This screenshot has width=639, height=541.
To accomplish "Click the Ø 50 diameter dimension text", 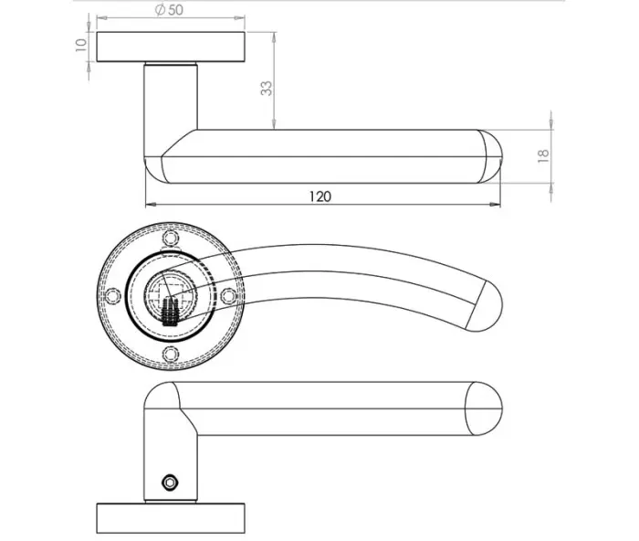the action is click(170, 10).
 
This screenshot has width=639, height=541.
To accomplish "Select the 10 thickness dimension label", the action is click(81, 45).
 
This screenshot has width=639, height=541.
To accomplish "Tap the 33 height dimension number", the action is click(267, 88).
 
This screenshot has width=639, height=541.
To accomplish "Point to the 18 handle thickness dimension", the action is click(543, 156).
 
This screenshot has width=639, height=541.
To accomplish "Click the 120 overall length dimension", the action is click(320, 196).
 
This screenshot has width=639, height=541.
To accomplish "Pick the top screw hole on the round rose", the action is click(171, 239).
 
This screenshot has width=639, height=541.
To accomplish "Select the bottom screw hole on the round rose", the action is click(171, 354).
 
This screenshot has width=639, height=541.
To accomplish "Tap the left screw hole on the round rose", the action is click(113, 296).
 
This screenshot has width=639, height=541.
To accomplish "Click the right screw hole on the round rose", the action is click(228, 296).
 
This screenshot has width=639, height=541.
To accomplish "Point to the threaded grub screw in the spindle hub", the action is click(169, 313).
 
